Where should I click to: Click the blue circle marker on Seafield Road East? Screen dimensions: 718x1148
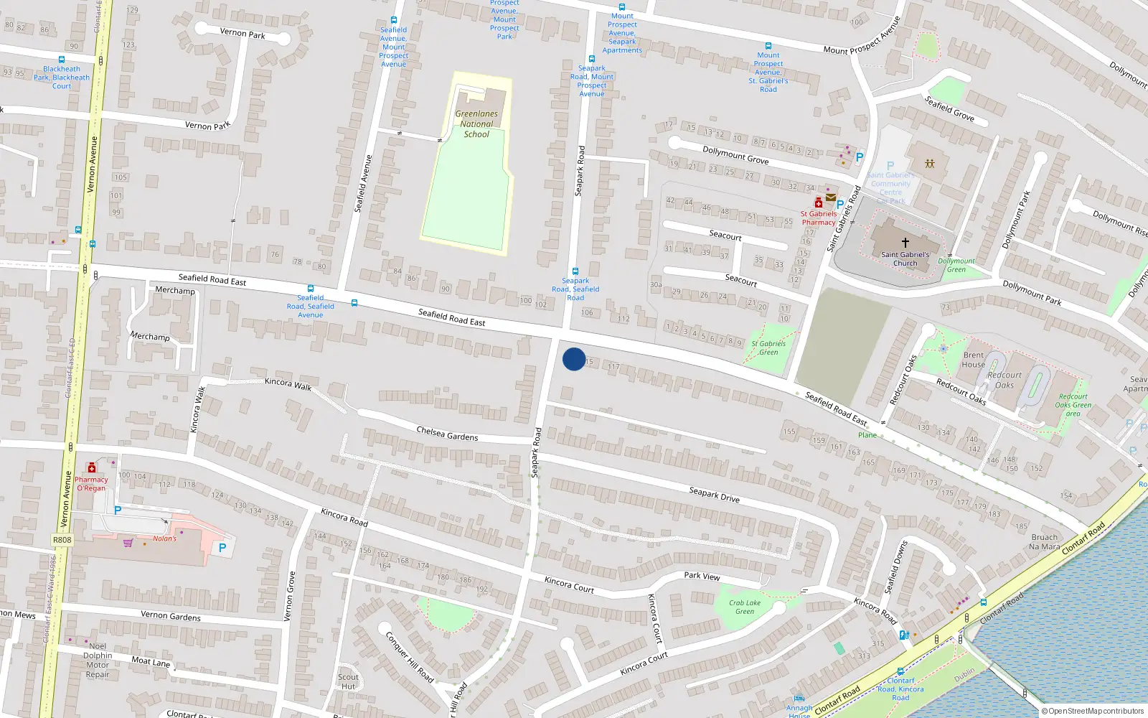click(573, 359)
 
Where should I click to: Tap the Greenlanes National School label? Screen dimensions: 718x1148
click(476, 123)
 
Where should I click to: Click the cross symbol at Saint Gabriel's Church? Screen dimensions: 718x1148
click(905, 243)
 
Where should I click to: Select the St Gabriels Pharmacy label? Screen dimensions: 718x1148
click(819, 218)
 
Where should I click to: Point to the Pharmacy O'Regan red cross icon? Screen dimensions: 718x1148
click(91, 468)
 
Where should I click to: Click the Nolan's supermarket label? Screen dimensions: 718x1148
click(164, 538)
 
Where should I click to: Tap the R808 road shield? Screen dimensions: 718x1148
click(62, 540)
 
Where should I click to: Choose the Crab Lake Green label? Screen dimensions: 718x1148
click(745, 607)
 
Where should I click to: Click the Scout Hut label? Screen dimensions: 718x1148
click(348, 681)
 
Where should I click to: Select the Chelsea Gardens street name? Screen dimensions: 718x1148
click(447, 433)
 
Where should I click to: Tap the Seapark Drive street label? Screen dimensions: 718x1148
click(714, 494)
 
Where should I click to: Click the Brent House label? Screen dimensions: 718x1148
click(973, 360)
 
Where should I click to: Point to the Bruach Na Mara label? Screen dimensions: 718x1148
click(1044, 541)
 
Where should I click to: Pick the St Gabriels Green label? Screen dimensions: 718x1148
click(768, 348)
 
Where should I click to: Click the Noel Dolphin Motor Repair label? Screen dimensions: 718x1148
click(98, 660)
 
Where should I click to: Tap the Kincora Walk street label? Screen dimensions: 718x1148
click(288, 384)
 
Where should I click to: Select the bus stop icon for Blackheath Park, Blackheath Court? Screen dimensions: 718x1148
click(61, 60)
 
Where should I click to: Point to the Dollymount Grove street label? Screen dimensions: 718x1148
click(735, 155)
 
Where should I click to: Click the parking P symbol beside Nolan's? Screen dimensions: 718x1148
click(222, 548)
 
